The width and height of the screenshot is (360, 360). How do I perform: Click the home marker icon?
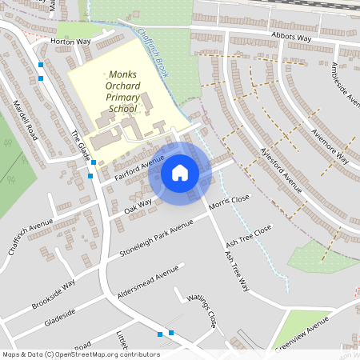click(x=180, y=173)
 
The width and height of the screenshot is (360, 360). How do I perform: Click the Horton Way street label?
click(x=70, y=41)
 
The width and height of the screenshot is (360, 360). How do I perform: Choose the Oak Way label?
click(x=138, y=206)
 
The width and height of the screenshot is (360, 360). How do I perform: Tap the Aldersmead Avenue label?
click(x=148, y=282)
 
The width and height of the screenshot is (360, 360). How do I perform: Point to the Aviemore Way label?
click(x=330, y=144)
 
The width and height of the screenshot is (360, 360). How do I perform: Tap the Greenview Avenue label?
click(x=302, y=333)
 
